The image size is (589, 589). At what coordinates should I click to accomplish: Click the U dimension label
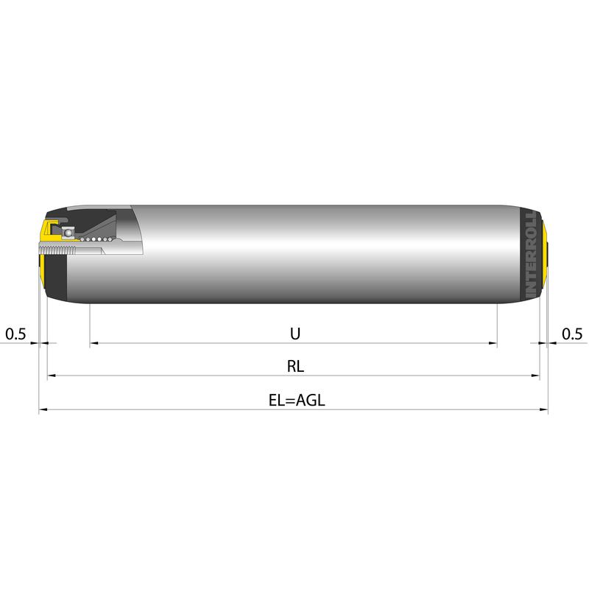pos(295,334)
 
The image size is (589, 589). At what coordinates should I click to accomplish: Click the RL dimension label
pos(295,366)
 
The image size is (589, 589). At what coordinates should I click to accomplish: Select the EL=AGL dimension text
pos(297,400)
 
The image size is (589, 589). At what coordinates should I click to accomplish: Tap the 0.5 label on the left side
pos(15,334)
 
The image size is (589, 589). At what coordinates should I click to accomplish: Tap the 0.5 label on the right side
pos(572,334)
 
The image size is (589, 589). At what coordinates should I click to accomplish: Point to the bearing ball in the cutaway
pos(68,233)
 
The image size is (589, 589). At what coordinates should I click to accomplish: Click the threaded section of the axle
pos(57,248)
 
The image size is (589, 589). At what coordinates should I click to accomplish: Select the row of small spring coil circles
pos(96,239)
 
